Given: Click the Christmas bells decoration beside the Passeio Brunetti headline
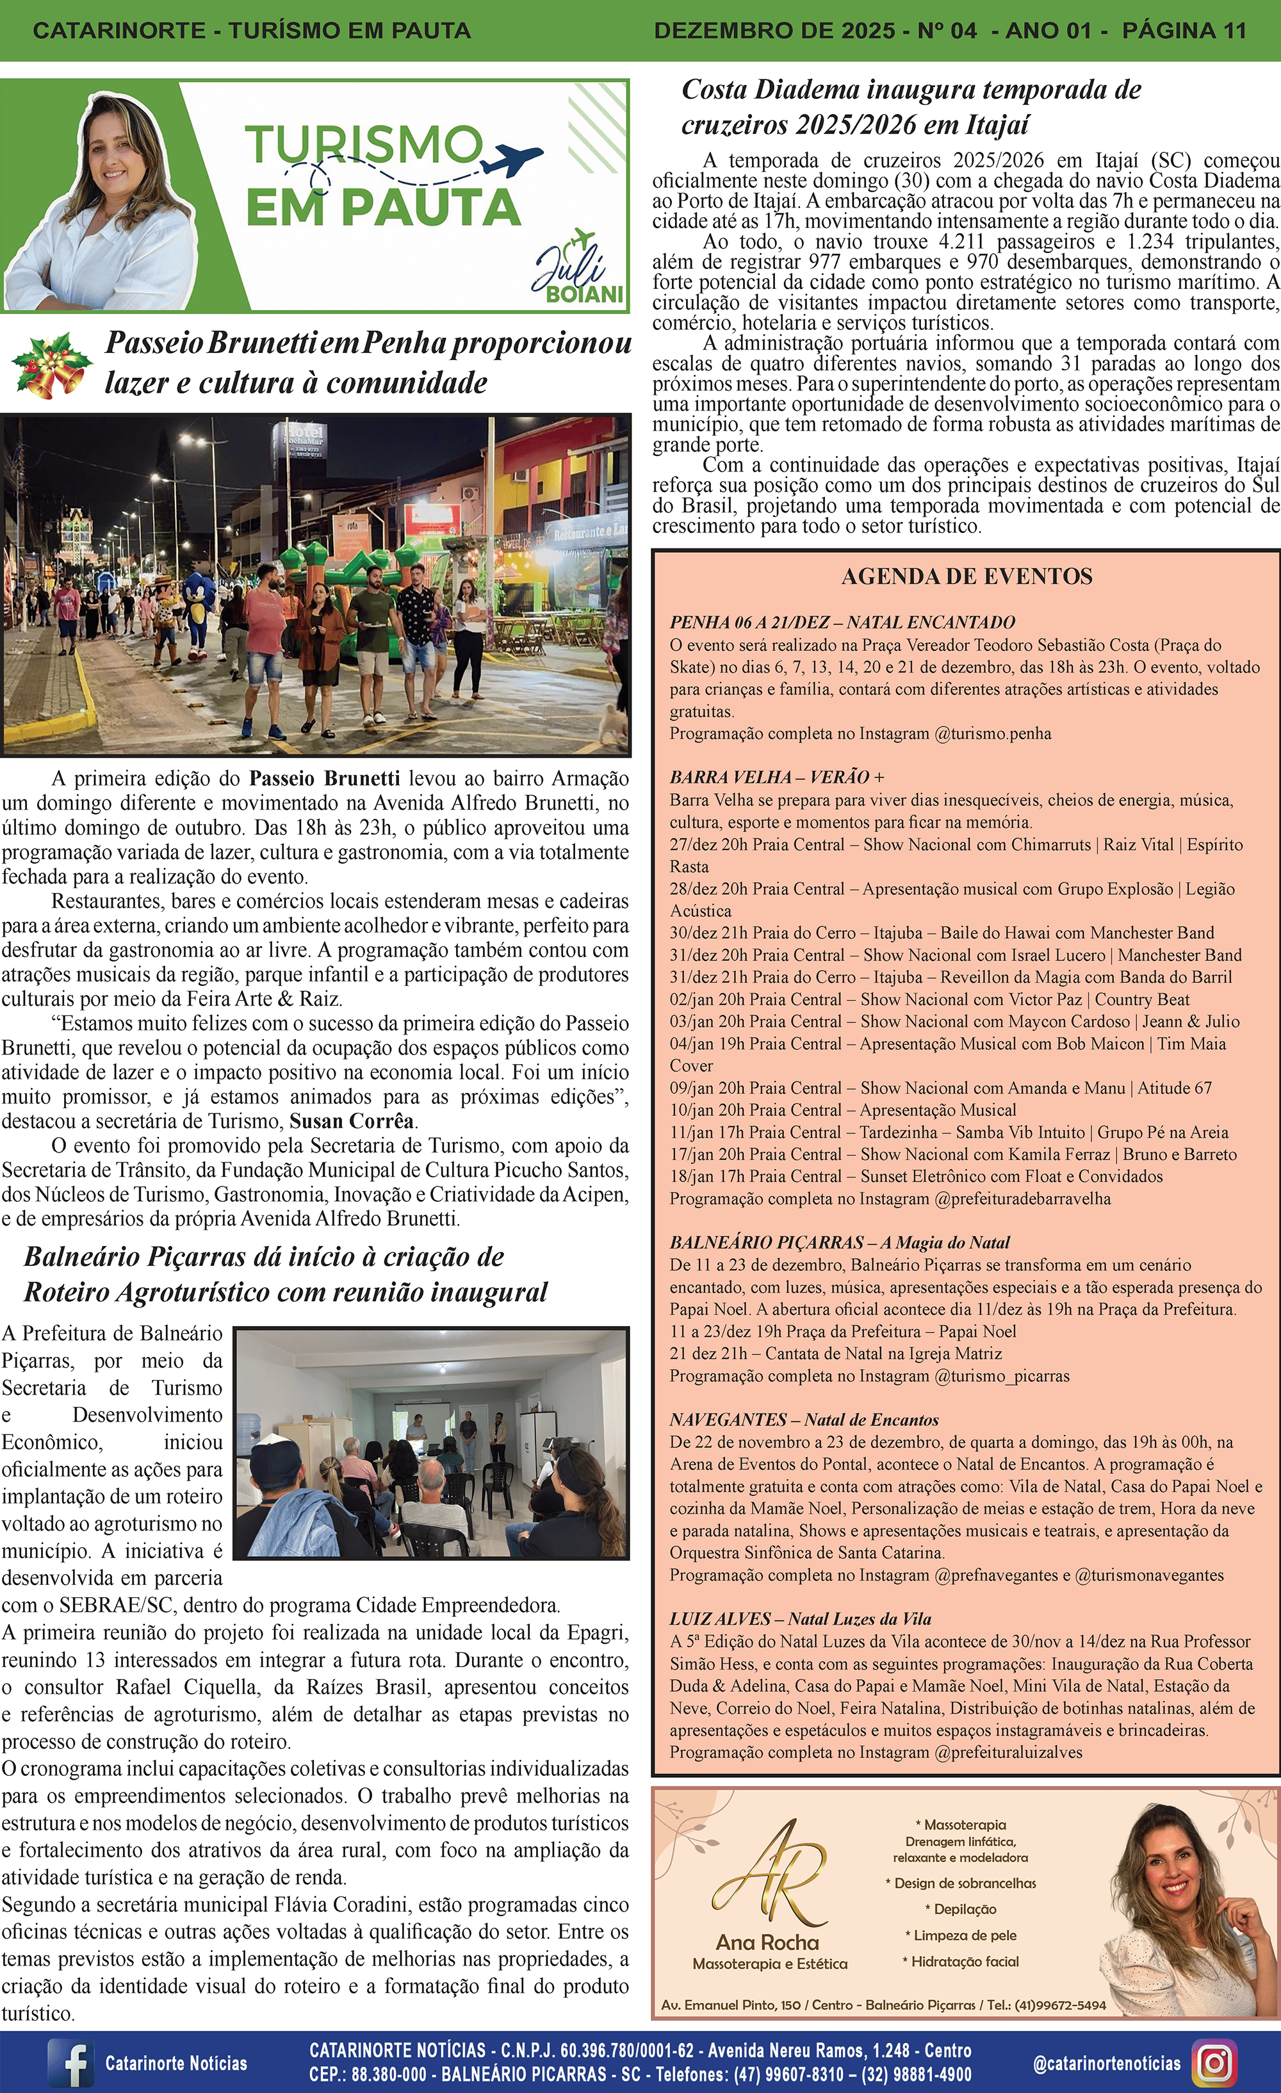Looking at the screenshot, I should pyautogui.click(x=51, y=365).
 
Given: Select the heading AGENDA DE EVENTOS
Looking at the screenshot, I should pyautogui.click(x=967, y=577).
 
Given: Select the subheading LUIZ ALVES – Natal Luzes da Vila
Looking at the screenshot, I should pyautogui.click(x=800, y=1619).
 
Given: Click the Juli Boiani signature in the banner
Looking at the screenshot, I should pyautogui.click(x=578, y=274).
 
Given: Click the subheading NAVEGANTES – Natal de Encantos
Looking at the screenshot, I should pyautogui.click(x=804, y=1420).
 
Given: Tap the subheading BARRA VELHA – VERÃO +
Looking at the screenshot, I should pyautogui.click(x=776, y=777).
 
